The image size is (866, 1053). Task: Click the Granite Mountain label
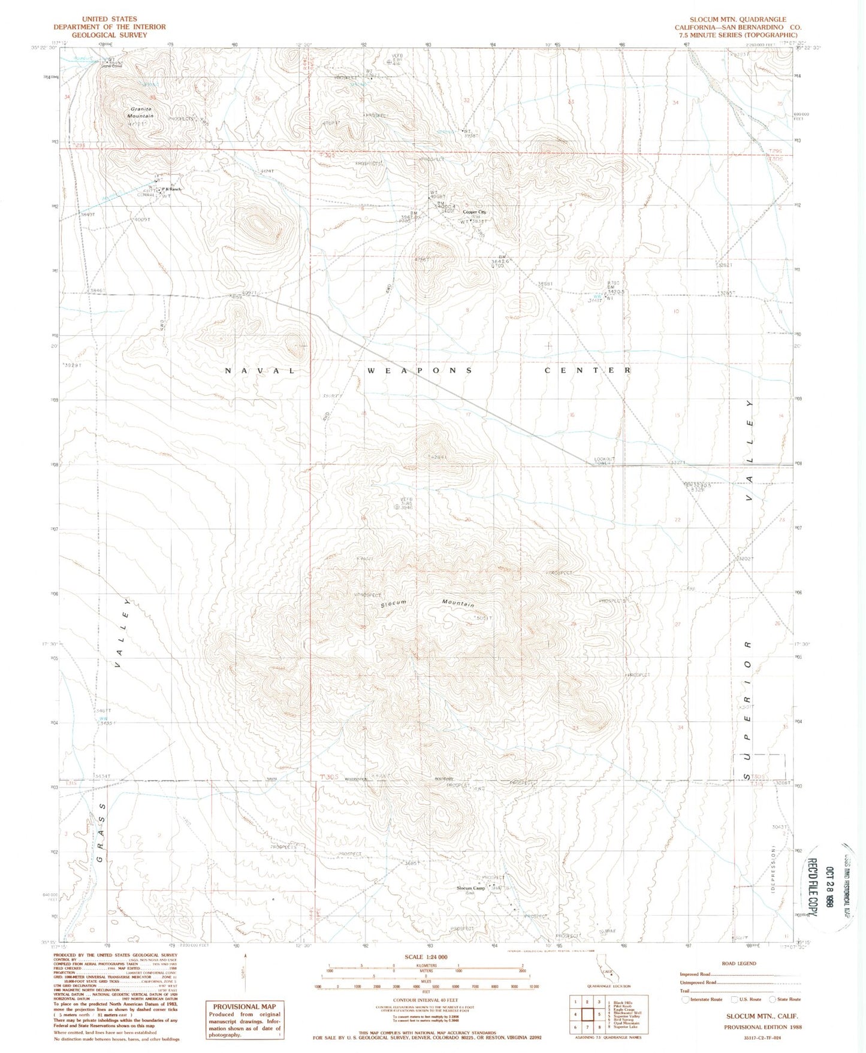click(x=140, y=113)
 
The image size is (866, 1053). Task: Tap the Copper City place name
click(x=475, y=212)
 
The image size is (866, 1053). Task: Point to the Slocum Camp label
click(x=470, y=888)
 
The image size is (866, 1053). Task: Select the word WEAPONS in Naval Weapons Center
click(x=420, y=371)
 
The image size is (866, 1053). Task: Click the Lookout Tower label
click(x=604, y=462)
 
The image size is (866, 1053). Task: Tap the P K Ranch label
click(x=171, y=189)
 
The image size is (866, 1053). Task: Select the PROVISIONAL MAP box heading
click(x=245, y=1007)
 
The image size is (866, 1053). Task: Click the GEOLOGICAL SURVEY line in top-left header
click(x=109, y=35)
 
